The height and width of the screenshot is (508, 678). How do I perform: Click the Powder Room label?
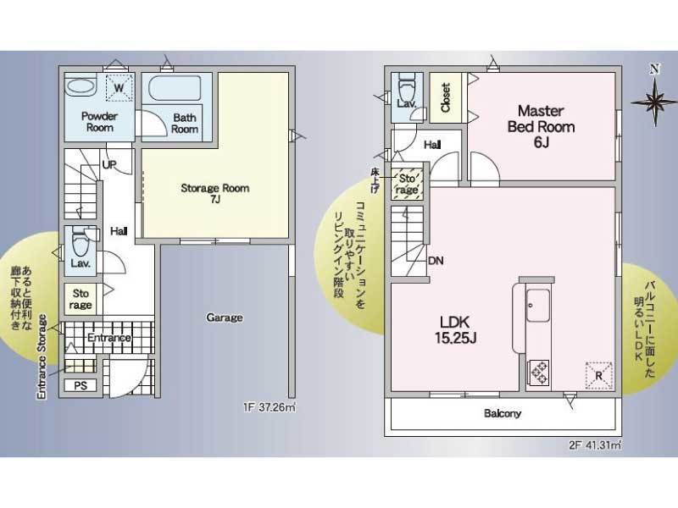click(x=99, y=122)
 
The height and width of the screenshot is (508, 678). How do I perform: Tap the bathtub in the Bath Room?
click(x=175, y=89)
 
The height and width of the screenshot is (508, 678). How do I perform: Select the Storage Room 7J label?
click(x=215, y=193)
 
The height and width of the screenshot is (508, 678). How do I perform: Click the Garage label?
click(x=225, y=317)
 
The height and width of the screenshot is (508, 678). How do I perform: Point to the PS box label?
click(x=81, y=385)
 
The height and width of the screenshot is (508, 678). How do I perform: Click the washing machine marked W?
click(x=119, y=88)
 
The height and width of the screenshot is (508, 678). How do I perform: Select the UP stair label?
click(x=109, y=164)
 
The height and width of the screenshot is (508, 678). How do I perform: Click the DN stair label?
click(x=436, y=261)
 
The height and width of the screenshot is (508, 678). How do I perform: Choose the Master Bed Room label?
click(x=541, y=126)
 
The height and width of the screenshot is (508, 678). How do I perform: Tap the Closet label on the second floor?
click(x=446, y=97)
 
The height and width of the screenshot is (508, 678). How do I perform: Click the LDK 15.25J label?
click(x=455, y=329)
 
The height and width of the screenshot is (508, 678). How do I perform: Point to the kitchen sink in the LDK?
click(x=538, y=306)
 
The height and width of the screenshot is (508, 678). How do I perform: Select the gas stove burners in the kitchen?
click(x=538, y=373)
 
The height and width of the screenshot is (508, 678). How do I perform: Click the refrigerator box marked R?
click(x=599, y=375)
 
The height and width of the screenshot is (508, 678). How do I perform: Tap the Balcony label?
click(x=503, y=414)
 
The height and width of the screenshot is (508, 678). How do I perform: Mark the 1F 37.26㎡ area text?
click(x=270, y=407)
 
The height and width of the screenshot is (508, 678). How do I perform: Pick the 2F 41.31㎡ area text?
click(x=596, y=445)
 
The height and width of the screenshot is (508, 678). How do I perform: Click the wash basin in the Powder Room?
click(x=80, y=88)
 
